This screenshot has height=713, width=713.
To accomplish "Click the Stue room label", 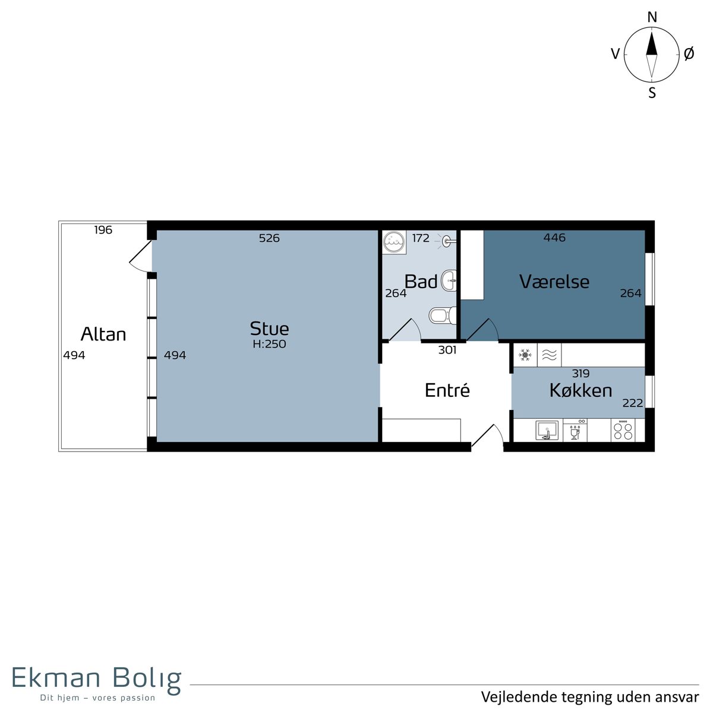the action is [269, 328].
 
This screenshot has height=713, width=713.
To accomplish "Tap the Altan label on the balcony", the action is [103, 334].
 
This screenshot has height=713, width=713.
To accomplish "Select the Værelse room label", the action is [554, 282].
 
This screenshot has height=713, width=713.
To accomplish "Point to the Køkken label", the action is [581, 390].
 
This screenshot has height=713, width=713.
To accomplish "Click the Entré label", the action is [447, 390].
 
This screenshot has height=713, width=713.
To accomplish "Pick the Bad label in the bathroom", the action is [421, 282].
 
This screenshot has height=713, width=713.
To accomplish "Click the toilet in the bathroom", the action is [443, 316].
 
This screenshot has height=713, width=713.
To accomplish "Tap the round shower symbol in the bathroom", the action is [394, 242].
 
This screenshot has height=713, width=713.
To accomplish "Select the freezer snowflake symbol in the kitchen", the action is [525, 355].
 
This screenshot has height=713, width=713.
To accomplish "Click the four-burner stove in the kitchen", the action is [623, 430].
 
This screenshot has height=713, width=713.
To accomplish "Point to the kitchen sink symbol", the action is [547, 430].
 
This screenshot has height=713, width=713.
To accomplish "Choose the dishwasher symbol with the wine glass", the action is [575, 430].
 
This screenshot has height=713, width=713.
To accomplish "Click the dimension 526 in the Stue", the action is [269, 238].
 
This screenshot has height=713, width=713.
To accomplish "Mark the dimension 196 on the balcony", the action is [103, 230].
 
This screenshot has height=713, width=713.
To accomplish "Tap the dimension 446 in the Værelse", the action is [554, 237].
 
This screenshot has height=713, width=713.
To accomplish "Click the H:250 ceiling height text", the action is [269, 344].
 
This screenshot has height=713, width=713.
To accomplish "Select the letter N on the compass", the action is [652, 17].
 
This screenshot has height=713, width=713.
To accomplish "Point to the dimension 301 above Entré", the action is [447, 349].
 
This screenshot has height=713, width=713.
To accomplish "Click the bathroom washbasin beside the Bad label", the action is [449, 281].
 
